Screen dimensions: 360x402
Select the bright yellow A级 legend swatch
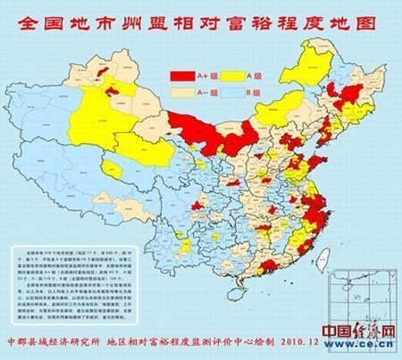point(237,79)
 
